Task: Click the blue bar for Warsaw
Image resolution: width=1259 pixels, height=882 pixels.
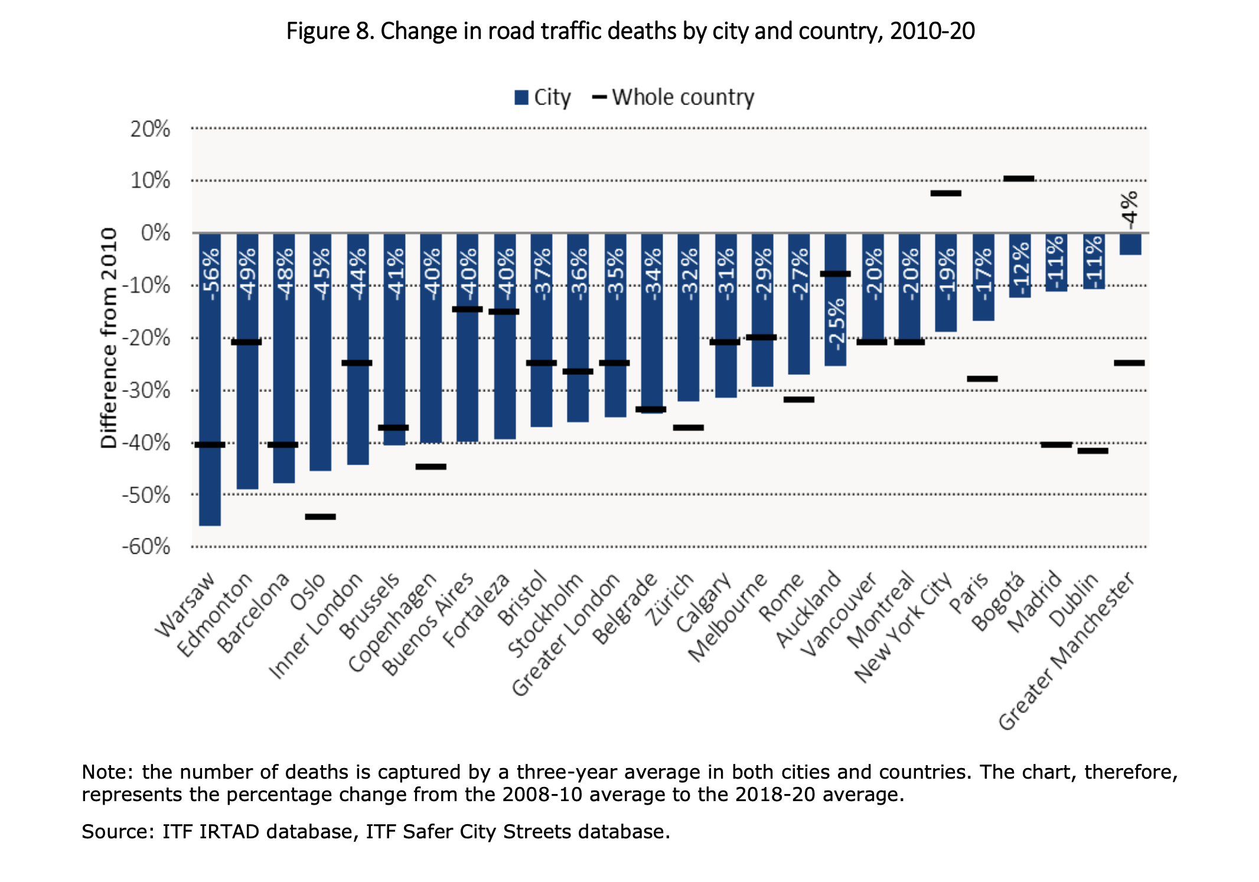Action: coord(210,378)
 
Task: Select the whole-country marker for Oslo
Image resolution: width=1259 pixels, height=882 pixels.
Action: coord(320,517)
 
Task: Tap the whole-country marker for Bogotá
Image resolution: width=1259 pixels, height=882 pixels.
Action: coord(1019,178)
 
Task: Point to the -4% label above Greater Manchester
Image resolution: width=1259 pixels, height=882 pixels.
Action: coord(1129,210)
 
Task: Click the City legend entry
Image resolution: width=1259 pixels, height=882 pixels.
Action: coord(542,97)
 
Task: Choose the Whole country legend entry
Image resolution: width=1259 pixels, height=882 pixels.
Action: coord(673,97)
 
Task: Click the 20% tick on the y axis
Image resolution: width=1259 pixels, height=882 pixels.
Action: coord(150,129)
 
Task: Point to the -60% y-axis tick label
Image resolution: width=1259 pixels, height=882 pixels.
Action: coord(146,547)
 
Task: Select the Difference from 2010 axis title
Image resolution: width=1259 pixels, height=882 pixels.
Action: coord(109,338)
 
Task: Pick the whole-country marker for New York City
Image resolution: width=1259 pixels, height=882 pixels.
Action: coord(945,193)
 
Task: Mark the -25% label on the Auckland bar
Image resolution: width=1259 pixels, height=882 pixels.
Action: coord(836,325)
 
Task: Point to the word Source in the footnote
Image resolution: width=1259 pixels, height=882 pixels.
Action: coord(118,831)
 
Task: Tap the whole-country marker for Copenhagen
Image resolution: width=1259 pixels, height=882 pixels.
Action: coord(430,466)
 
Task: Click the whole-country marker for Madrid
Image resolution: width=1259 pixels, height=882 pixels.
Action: coord(1056,445)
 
